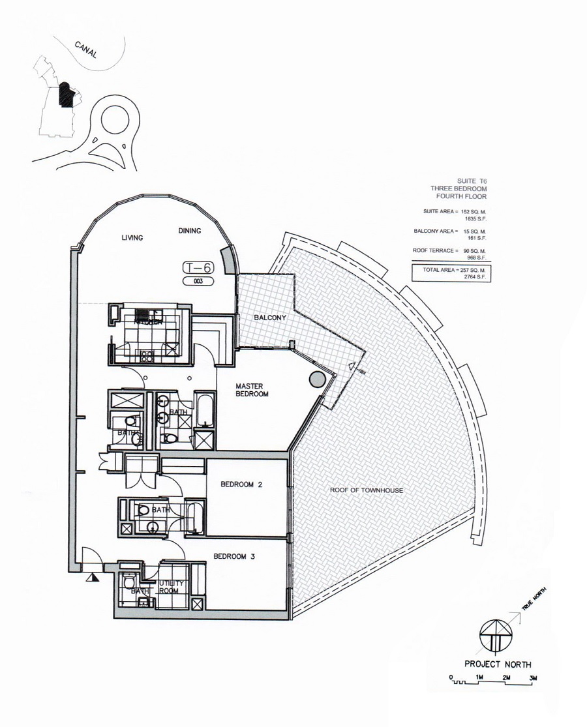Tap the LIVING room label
point(132,238)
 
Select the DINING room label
point(189,231)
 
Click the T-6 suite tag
point(198,268)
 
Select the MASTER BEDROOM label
point(252,390)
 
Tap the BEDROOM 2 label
point(242,484)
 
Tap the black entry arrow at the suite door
point(95,576)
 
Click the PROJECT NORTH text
point(497,664)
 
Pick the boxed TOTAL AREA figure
point(451,273)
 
